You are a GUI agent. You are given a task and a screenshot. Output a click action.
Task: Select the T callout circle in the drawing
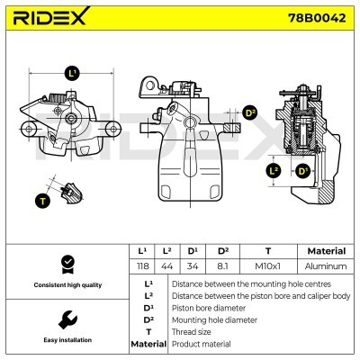tap(41, 200)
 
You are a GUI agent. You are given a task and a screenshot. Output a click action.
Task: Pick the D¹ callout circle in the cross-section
tap(303, 170)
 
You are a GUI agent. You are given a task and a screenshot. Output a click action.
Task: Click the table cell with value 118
tap(141, 266)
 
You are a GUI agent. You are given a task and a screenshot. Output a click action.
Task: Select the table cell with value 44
tap(166, 266)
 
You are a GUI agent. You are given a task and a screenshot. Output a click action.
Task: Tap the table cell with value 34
tap(192, 266)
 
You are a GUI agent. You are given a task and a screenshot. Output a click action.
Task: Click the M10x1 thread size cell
tap(267, 266)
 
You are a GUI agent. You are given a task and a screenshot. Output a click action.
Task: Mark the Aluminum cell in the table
tap(326, 266)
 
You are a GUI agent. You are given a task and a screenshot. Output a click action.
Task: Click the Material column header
tap(326, 251)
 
